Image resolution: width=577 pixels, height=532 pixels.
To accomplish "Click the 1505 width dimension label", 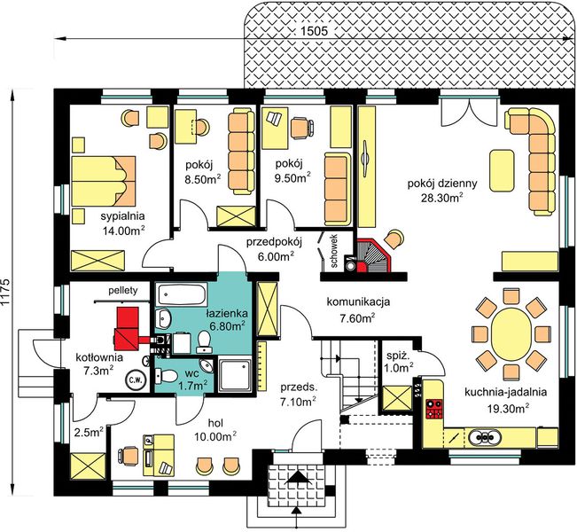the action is point(314,31).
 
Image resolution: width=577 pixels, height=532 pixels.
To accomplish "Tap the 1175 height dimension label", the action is point(6,293).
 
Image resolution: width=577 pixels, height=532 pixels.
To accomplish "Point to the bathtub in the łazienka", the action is point(182,294).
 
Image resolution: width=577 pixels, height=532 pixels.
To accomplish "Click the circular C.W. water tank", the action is point(136,379).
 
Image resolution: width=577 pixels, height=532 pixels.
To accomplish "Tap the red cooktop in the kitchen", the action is point(434,409).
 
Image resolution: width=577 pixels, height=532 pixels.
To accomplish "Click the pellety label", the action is point(123,290).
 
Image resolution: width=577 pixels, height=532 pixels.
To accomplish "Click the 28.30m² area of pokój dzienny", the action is point(441,198).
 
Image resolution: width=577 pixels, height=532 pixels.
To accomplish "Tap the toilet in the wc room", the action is point(167,376).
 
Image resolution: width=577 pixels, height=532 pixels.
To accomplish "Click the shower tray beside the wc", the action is point(236,375).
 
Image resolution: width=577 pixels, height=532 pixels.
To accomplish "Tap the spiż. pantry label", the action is point(396,356).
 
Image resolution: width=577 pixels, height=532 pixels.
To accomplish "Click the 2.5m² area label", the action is point(89,432).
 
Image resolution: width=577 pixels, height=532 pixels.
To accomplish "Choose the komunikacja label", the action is point(358,302).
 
